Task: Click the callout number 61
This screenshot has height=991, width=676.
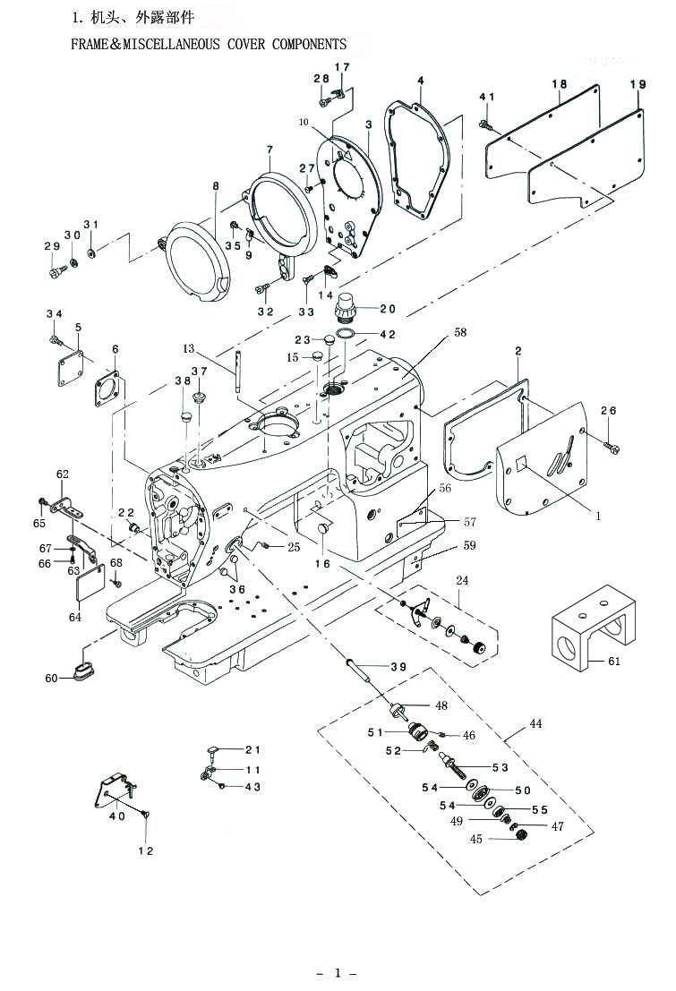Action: click(x=614, y=661)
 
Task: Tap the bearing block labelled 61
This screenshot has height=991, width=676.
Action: click(x=593, y=628)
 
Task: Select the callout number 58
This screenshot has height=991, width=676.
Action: click(x=460, y=332)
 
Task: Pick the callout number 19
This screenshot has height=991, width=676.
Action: click(x=637, y=84)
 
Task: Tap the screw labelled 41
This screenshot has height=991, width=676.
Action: click(x=487, y=124)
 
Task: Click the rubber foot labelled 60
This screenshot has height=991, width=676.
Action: click(x=83, y=671)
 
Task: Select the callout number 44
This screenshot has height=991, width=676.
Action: click(x=535, y=723)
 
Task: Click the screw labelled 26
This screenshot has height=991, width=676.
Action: click(x=612, y=447)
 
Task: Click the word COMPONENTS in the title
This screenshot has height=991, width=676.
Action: click(x=309, y=44)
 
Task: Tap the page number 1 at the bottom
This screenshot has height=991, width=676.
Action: click(x=338, y=972)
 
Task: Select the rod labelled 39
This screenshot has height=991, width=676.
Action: click(x=357, y=670)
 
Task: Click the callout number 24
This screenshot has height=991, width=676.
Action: click(x=462, y=580)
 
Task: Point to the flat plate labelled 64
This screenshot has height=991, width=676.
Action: click(x=87, y=583)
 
